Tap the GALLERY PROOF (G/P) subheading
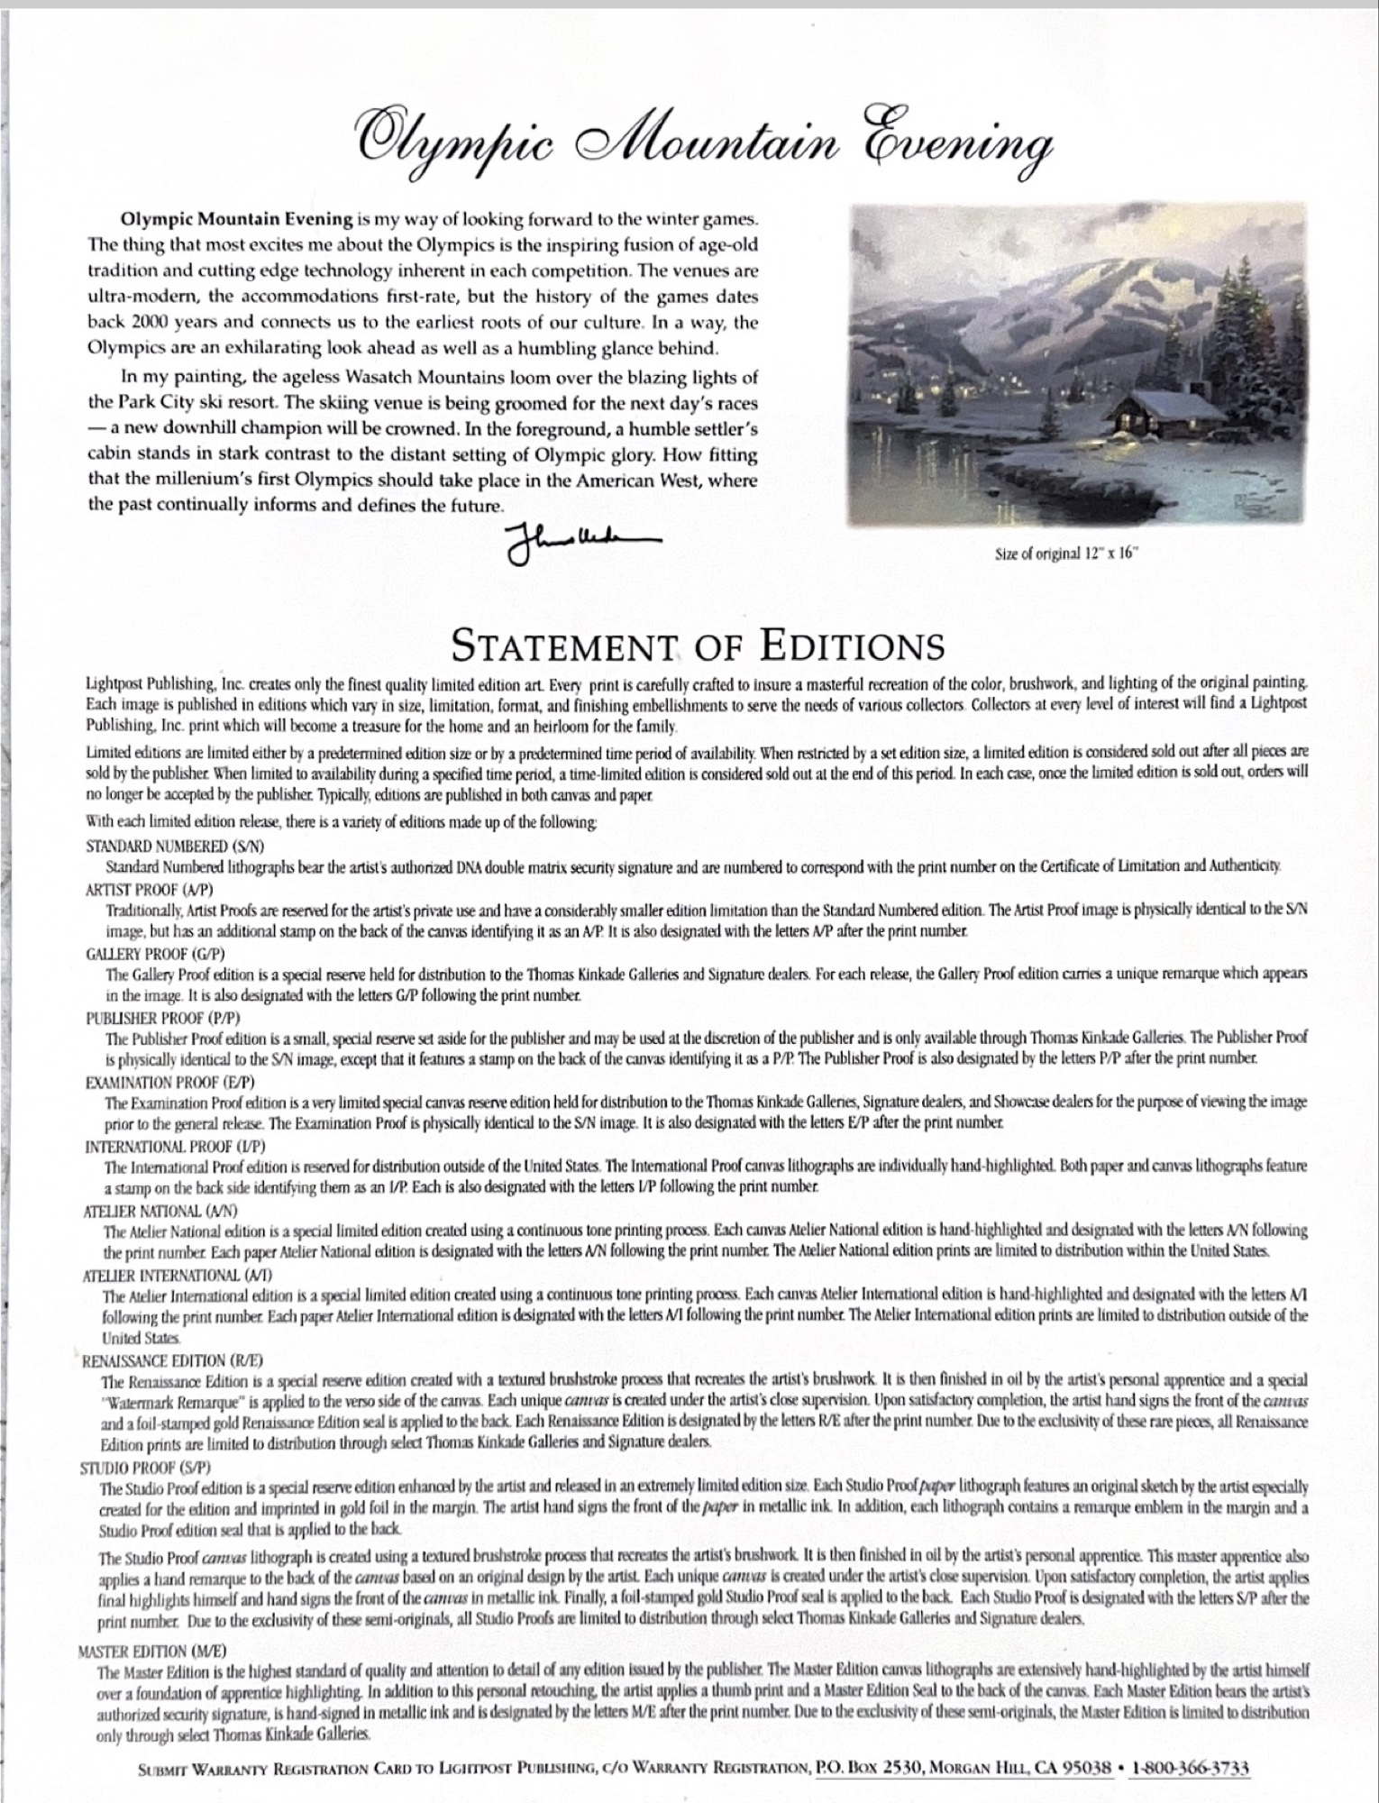click(x=154, y=953)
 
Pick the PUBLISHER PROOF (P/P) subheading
click(x=161, y=1017)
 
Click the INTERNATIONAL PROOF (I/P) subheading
click(x=175, y=1146)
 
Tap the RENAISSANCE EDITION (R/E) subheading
click(x=172, y=1360)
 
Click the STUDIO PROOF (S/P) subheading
click(x=145, y=1468)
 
